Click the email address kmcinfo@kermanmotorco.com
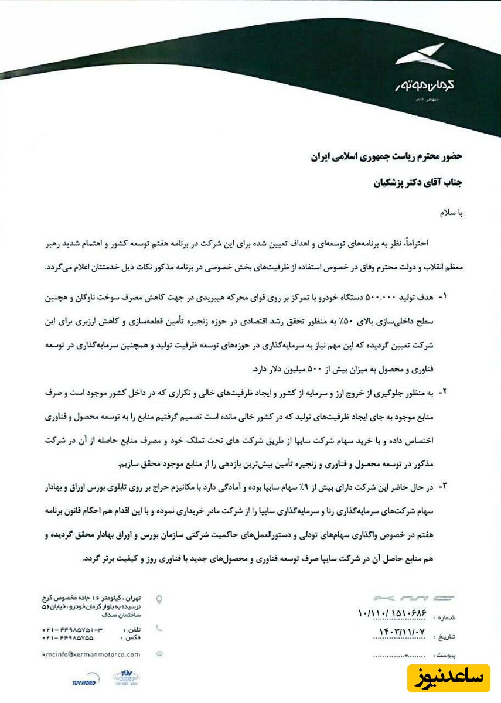pos(91,654)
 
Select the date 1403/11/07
pos(398,632)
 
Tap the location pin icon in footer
pos(159,599)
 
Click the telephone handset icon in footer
pos(159,627)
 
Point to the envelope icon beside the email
pos(159,653)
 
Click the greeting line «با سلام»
pos(452,213)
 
